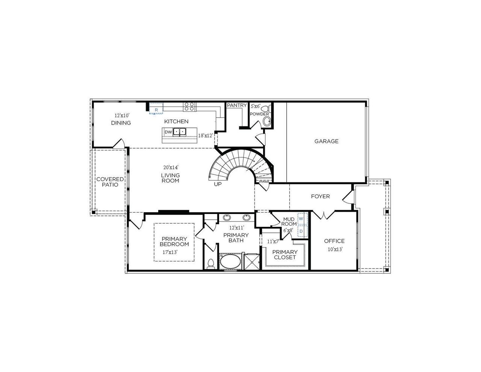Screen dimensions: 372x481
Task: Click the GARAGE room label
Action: pyautogui.click(x=326, y=141)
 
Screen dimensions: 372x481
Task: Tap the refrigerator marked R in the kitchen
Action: pyautogui.click(x=156, y=109)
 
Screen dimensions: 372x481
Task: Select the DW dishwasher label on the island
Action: pyautogui.click(x=168, y=132)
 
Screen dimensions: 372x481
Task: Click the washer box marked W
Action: pyautogui.click(x=301, y=219)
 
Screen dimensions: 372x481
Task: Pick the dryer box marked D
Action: pyautogui.click(x=301, y=231)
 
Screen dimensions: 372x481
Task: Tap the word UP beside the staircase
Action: pyautogui.click(x=218, y=184)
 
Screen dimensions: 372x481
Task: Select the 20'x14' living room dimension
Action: pyautogui.click(x=171, y=167)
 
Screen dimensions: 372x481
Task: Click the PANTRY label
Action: pyautogui.click(x=237, y=106)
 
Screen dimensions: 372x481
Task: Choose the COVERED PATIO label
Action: pyautogui.click(x=110, y=182)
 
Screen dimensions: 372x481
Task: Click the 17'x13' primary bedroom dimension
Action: pyautogui.click(x=169, y=252)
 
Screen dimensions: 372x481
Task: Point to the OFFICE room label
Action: pyautogui.click(x=334, y=241)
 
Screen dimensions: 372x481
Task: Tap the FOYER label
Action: pyautogui.click(x=320, y=196)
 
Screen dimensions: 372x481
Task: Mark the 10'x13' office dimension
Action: pyautogui.click(x=334, y=249)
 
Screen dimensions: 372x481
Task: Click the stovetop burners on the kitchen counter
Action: pyautogui.click(x=189, y=107)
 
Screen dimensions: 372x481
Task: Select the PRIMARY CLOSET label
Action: pyautogui.click(x=285, y=255)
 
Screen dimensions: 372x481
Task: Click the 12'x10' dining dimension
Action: pyautogui.click(x=122, y=115)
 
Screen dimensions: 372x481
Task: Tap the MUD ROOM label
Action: pyautogui.click(x=289, y=222)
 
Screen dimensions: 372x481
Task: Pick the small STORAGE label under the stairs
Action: pyautogui.click(x=264, y=182)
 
